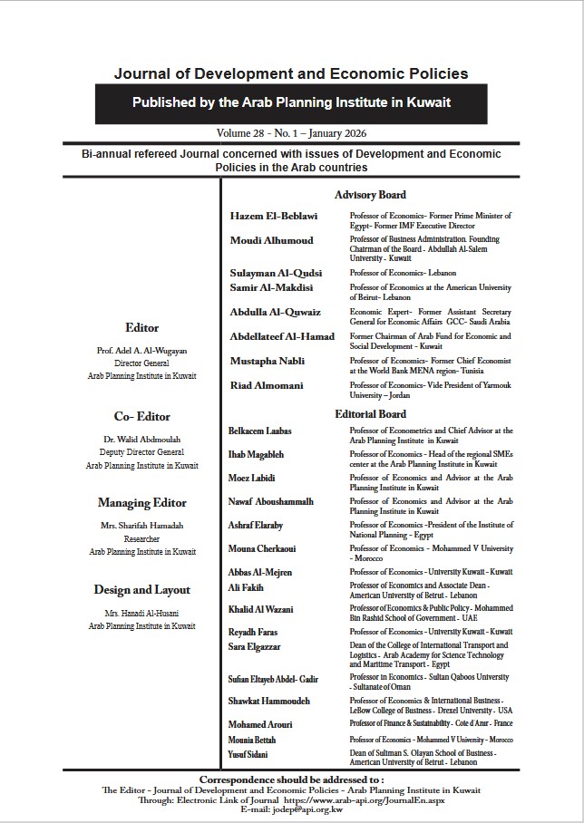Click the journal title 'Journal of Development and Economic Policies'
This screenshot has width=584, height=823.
pyautogui.click(x=291, y=73)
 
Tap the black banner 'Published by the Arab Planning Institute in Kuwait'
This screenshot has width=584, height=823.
pyautogui.click(x=291, y=103)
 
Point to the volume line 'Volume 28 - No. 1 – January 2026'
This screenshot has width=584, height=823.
pyautogui.click(x=291, y=133)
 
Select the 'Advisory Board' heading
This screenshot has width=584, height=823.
pyautogui.click(x=370, y=195)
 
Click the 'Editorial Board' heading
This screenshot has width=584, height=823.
pyautogui.click(x=370, y=414)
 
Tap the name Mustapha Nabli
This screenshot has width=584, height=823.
pyautogui.click(x=268, y=361)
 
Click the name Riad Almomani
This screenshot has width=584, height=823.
pyautogui.click(x=268, y=385)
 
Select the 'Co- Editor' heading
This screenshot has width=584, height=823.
pyautogui.click(x=142, y=417)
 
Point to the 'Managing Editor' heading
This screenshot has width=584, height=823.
pyautogui.click(x=142, y=502)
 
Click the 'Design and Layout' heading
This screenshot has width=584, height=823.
pyautogui.click(x=142, y=589)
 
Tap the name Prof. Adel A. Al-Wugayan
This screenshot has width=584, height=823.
pyautogui.click(x=141, y=349)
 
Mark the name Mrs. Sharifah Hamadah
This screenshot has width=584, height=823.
pyautogui.click(x=141, y=525)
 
